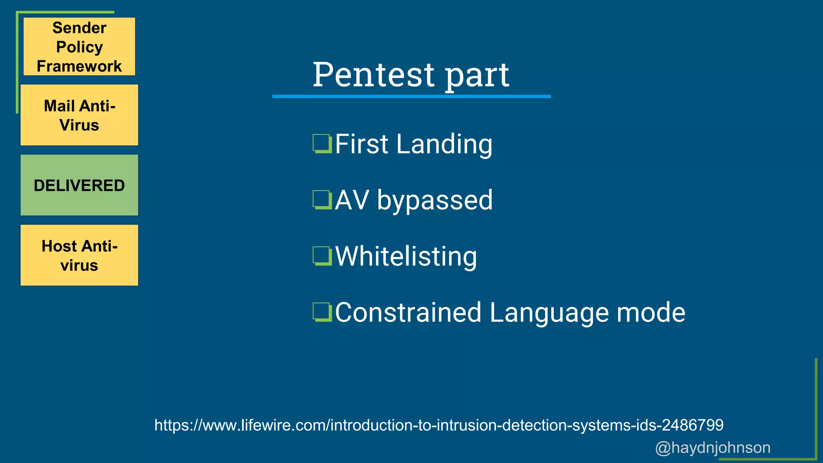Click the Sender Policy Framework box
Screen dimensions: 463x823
[x=79, y=46]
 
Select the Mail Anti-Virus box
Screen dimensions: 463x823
[x=79, y=115]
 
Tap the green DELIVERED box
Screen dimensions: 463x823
[x=79, y=185]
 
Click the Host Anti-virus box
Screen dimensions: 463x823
[x=79, y=255]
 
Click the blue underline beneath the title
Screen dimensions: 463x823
[x=411, y=96]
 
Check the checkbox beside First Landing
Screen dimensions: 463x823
[x=322, y=144]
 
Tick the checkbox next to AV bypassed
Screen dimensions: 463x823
[x=322, y=200]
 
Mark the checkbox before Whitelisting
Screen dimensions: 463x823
[x=322, y=256]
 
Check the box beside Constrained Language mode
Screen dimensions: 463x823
[x=322, y=312]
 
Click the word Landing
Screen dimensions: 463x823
[x=444, y=144]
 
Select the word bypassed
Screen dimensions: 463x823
[x=435, y=200]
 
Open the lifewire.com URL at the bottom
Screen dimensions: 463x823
[x=439, y=425]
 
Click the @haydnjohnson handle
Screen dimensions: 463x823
[x=712, y=447]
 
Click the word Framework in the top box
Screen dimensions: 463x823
[x=79, y=66]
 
